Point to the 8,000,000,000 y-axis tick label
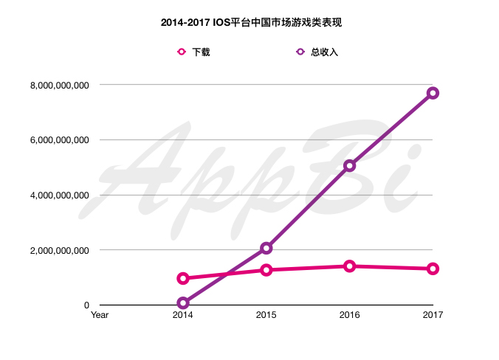60,86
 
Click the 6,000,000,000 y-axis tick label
60,140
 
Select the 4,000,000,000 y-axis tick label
60,195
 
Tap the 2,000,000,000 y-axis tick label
60,250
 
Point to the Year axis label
99,315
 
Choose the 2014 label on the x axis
182,315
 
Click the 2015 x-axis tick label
266,315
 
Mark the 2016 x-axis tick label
349,315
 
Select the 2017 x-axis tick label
433,315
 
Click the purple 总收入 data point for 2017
433,93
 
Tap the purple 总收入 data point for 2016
349,166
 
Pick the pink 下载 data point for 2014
182,278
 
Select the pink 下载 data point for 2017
433,269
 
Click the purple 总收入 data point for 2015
266,249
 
